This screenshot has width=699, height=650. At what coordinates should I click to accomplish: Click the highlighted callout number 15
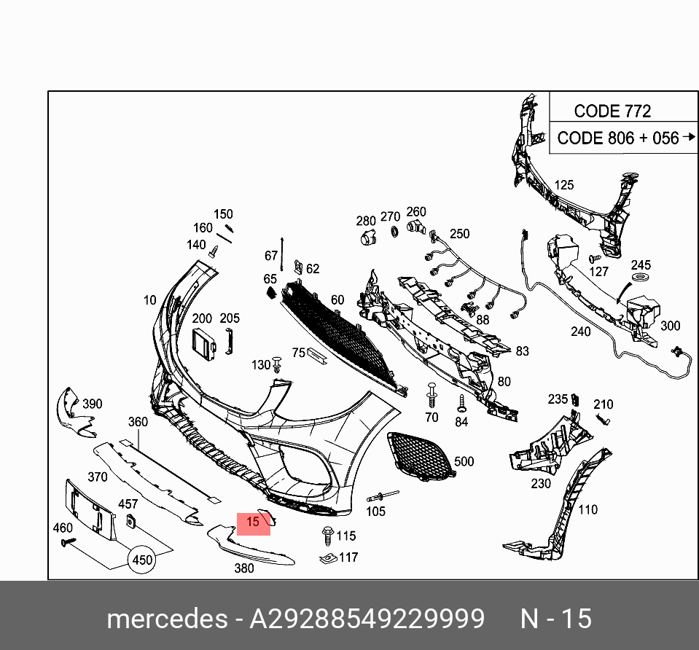(253, 522)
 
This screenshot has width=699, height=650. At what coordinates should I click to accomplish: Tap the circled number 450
(143, 560)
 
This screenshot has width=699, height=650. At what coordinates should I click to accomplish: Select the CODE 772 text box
(612, 111)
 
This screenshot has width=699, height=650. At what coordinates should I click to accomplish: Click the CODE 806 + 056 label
(618, 138)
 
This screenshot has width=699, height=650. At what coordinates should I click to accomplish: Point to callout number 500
(464, 461)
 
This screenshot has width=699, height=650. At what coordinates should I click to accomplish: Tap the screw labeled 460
(69, 542)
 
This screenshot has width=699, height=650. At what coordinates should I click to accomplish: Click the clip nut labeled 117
(327, 559)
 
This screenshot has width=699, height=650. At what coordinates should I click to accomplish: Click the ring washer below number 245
(640, 281)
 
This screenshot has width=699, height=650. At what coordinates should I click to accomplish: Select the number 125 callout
(564, 186)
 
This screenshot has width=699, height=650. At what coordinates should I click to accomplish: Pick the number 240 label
(580, 332)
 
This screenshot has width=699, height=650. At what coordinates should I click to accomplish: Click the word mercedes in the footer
(166, 619)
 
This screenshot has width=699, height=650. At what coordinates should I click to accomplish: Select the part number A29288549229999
(367, 619)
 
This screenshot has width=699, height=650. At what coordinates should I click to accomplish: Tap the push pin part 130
(278, 364)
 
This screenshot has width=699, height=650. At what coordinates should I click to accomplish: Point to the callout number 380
(244, 568)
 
